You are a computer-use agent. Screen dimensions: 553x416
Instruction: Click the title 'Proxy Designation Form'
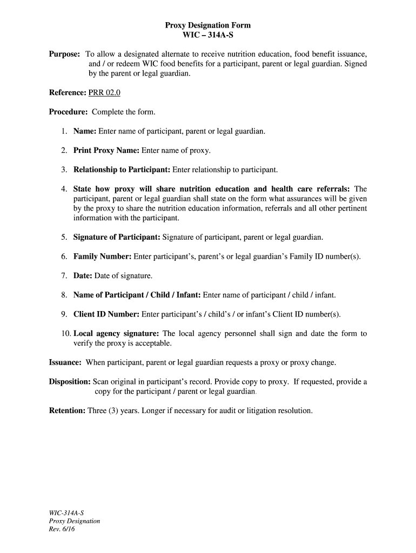click(x=207, y=25)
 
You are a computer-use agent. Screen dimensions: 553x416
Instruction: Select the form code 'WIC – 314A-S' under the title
click(x=207, y=36)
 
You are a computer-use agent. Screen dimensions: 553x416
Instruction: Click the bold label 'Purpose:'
click(x=65, y=55)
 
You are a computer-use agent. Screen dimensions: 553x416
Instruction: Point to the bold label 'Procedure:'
click(x=69, y=112)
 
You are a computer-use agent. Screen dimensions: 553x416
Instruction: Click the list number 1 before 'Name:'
click(x=63, y=131)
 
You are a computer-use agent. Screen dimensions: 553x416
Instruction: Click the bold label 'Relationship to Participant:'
click(x=122, y=170)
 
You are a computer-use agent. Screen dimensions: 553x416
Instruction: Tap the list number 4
click(x=63, y=189)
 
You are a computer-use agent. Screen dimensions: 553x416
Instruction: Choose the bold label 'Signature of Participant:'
click(x=117, y=237)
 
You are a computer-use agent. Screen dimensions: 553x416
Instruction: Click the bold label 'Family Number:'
click(x=102, y=257)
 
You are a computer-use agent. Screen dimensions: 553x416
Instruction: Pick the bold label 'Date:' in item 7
click(x=83, y=276)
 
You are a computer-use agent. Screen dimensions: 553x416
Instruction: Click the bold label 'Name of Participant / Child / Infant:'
click(x=137, y=295)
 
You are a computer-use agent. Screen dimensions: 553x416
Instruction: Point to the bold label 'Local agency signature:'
click(x=116, y=334)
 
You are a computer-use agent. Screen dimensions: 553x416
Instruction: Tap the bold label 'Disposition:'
click(x=70, y=382)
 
